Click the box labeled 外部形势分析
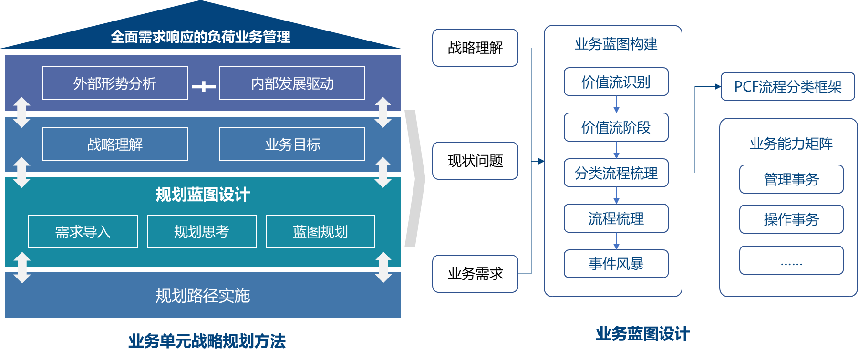pos(115,83)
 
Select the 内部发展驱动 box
pos(292,83)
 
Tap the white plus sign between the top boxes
pos(204,86)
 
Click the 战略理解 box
pos(115,144)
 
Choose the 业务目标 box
pos(292,144)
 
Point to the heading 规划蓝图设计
pos(203,195)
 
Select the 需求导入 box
pos(83,232)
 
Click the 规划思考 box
pos(202,232)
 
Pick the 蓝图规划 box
pos(320,232)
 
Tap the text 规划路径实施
pos(203,296)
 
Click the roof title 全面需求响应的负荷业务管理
pos(200,37)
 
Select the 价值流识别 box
pos(616,82)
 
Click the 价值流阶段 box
pos(616,127)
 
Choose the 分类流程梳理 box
pos(616,173)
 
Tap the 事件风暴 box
pos(616,264)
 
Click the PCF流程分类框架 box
pos(787,87)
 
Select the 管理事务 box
pos(791,179)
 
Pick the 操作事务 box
pos(791,219)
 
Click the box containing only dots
pos(791,260)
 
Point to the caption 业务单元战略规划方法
pos(207,341)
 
